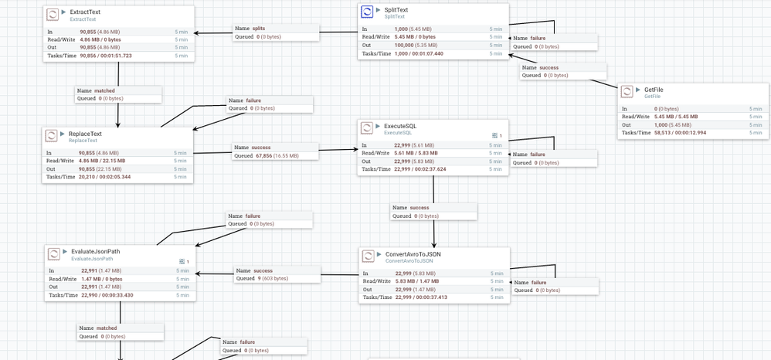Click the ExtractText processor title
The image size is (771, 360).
(x=84, y=12)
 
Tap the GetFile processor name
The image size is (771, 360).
(x=654, y=90)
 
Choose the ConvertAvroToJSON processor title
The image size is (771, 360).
(x=413, y=254)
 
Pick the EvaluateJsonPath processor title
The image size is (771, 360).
(x=95, y=251)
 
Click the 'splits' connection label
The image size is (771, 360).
(x=259, y=28)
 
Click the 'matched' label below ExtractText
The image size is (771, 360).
(x=104, y=90)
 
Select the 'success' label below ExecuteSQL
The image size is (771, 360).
(x=419, y=207)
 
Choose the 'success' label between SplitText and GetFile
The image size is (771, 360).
(x=549, y=67)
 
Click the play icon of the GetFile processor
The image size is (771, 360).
(x=637, y=90)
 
